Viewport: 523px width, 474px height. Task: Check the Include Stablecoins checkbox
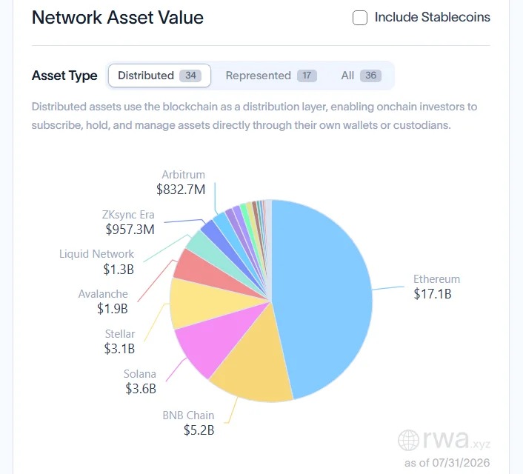[360, 18]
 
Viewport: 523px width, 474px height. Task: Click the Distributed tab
[159, 76]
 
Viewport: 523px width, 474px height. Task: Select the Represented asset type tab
[271, 76]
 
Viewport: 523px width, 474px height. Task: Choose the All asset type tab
[361, 76]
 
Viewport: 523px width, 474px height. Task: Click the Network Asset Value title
[117, 17]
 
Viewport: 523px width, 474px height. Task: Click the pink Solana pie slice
[213, 340]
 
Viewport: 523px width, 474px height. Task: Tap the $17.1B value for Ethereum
[433, 294]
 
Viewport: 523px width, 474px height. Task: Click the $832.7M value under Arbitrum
[181, 190]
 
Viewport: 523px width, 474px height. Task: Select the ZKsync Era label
[128, 215]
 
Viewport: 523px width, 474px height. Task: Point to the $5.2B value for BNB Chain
[199, 430]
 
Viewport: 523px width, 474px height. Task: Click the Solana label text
[140, 373]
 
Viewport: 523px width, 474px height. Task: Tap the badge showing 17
[307, 76]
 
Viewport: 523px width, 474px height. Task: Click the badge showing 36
[370, 76]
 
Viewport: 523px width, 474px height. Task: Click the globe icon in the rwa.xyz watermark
[408, 441]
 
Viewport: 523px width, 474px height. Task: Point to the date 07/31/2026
[461, 463]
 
